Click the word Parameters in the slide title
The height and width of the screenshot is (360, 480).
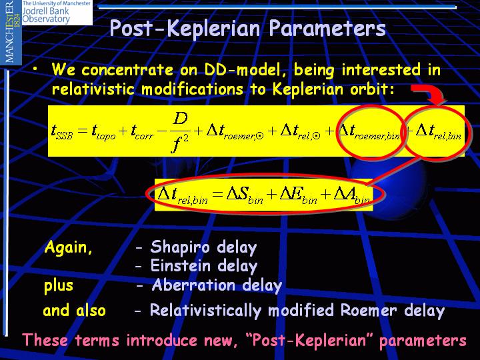tap(327, 29)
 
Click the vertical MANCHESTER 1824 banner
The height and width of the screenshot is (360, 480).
tap(11, 32)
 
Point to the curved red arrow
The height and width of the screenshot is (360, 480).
tap(431, 94)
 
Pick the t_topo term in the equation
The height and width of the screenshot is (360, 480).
tap(103, 132)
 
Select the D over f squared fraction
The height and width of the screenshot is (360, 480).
tap(180, 132)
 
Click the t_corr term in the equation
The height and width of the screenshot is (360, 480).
tap(142, 132)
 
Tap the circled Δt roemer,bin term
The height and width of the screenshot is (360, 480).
tap(369, 132)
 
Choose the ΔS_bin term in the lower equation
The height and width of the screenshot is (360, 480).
tap(245, 195)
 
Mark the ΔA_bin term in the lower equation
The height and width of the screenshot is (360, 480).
tap(352, 195)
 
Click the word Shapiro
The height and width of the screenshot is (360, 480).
tap(180, 247)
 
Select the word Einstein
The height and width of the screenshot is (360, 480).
tap(180, 265)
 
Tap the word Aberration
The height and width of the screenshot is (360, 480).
tap(193, 285)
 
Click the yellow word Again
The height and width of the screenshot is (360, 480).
tap(68, 247)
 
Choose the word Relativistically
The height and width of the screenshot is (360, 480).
tap(205, 311)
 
